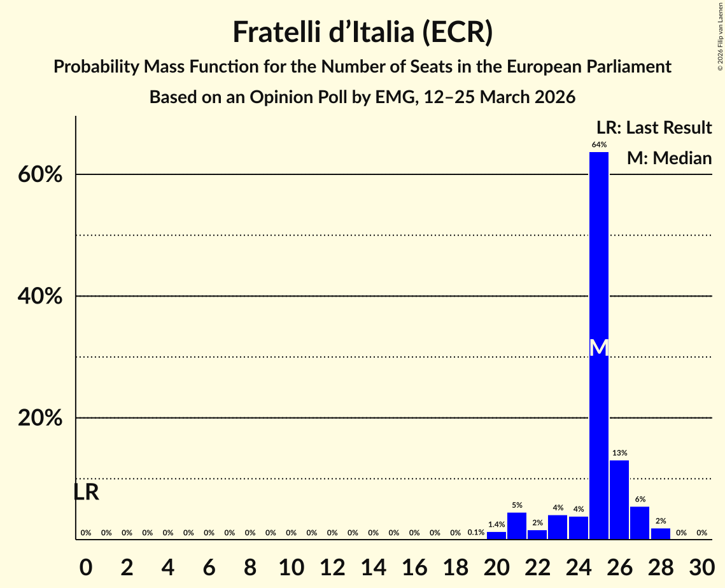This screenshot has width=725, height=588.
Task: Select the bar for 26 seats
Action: tap(619, 500)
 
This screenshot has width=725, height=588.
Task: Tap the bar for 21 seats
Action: tap(517, 526)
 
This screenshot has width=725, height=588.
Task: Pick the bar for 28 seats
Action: tap(661, 533)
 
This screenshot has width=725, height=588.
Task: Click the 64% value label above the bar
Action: tap(599, 145)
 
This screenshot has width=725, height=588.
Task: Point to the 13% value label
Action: tap(619, 453)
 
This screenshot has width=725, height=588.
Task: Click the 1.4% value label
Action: tap(496, 525)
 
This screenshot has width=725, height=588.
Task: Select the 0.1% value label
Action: tap(475, 533)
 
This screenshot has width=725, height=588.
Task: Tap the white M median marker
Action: tap(599, 347)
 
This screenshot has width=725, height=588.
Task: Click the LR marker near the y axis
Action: tap(86, 492)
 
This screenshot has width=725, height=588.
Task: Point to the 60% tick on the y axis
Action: tap(44, 175)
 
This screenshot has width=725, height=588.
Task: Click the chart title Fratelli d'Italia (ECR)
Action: tap(362, 32)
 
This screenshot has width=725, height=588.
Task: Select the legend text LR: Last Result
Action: tap(654, 127)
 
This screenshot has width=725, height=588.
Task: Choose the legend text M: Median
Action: tap(669, 158)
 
